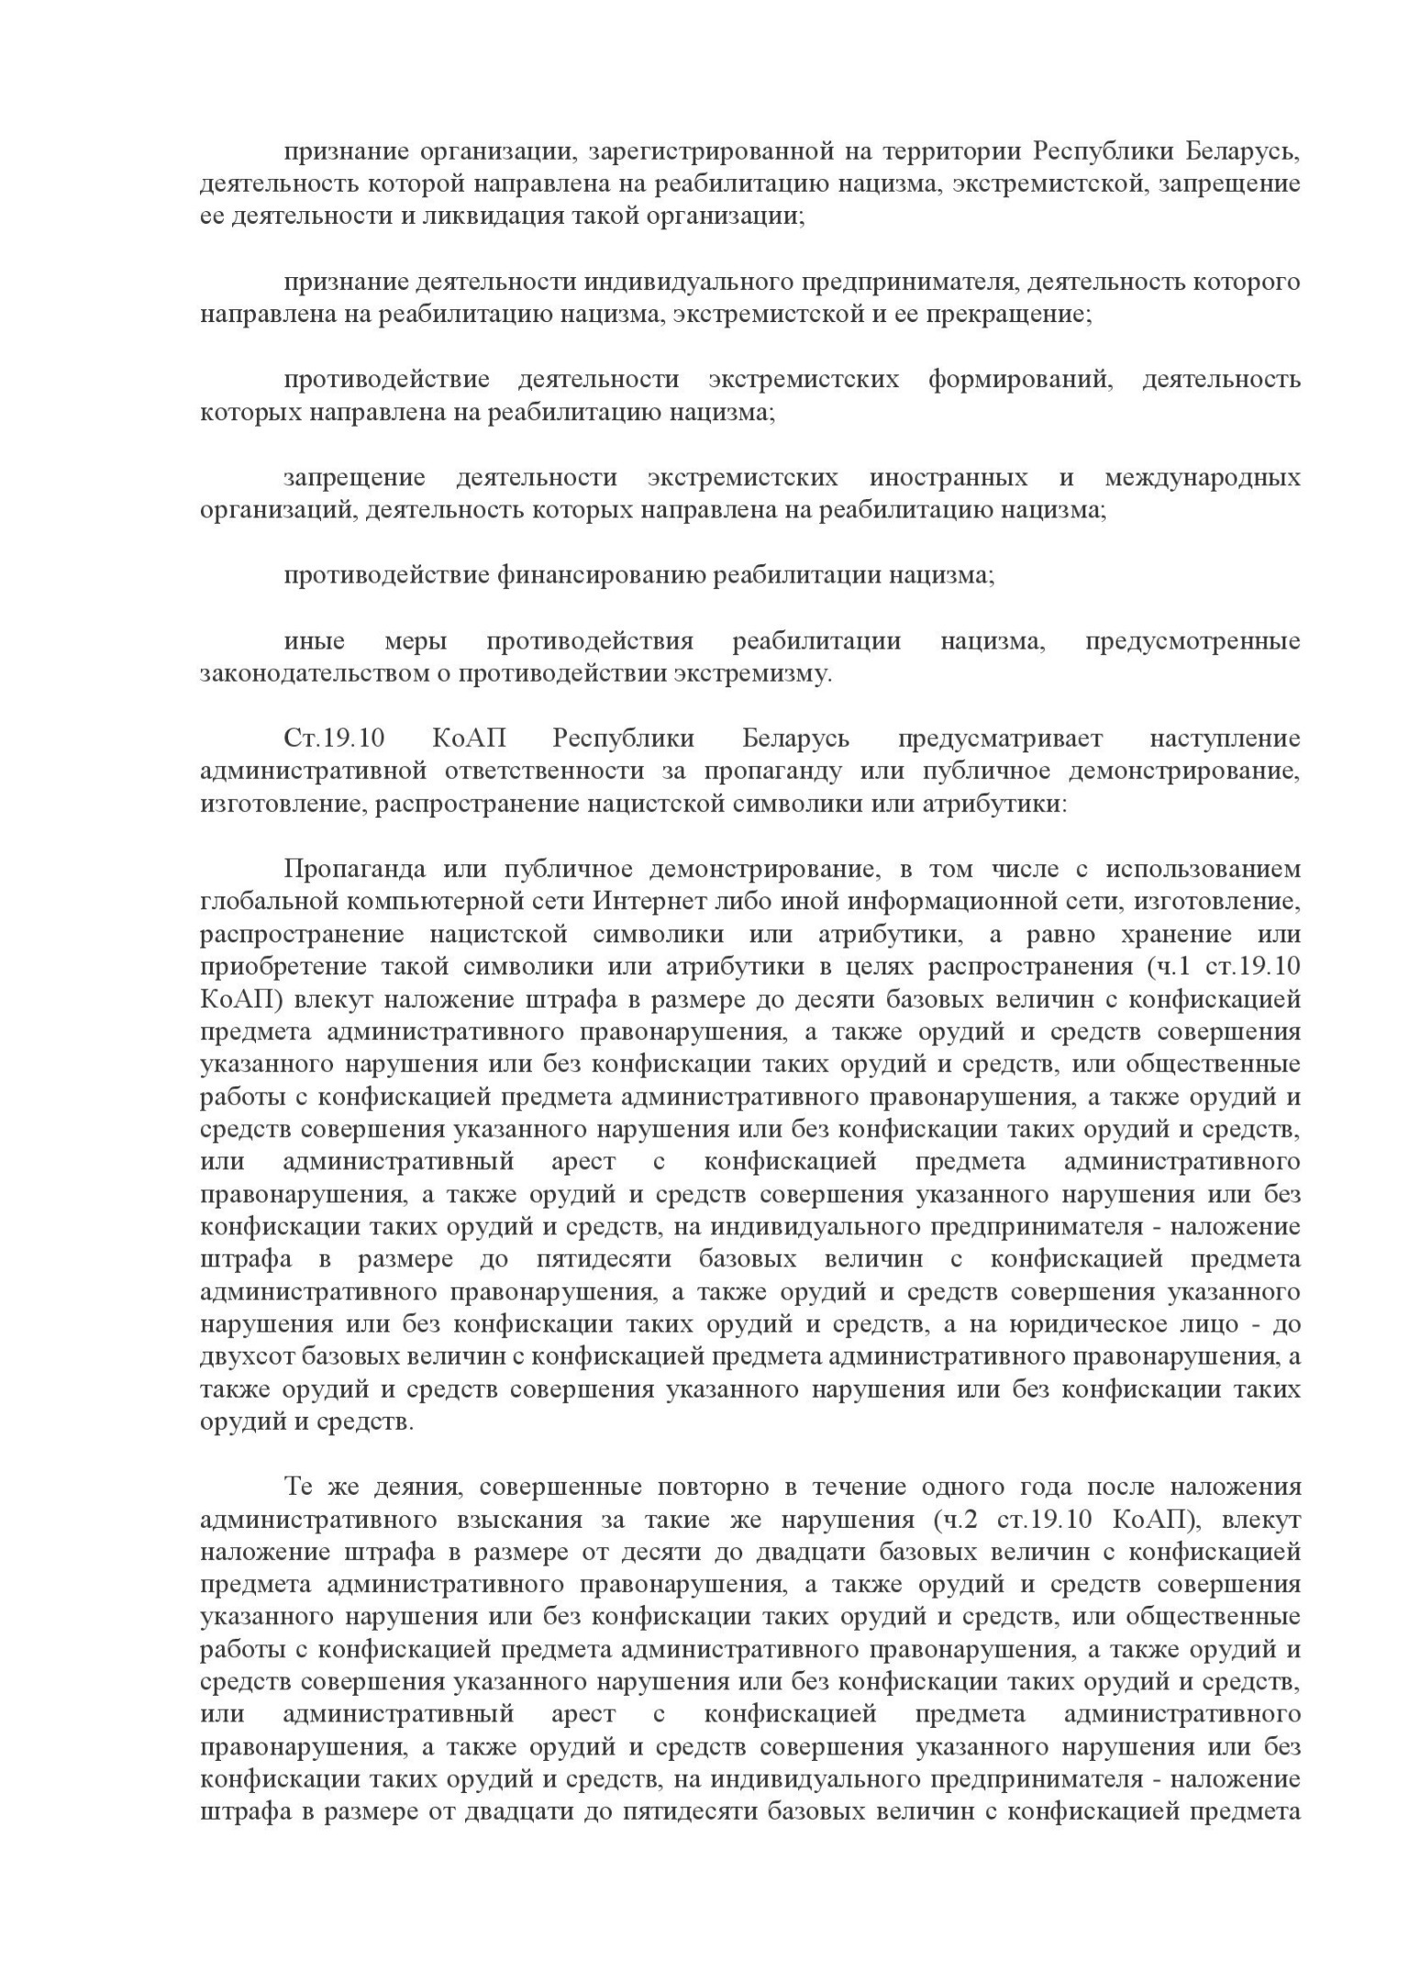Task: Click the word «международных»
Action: click(1202, 477)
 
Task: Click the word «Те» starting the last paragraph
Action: click(299, 1487)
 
